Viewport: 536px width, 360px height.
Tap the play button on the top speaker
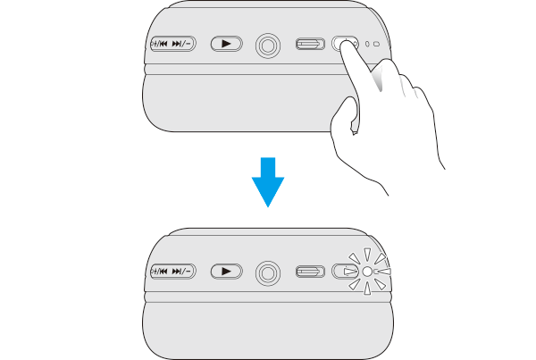(x=227, y=43)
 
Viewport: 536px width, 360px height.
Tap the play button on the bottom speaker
(x=227, y=271)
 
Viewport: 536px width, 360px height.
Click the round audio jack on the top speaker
(x=267, y=44)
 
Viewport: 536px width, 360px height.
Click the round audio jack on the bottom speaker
(x=267, y=272)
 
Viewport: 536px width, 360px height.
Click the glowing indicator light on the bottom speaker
(x=366, y=272)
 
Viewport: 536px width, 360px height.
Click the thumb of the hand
(x=344, y=116)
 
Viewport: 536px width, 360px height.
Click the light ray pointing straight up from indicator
(x=366, y=253)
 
